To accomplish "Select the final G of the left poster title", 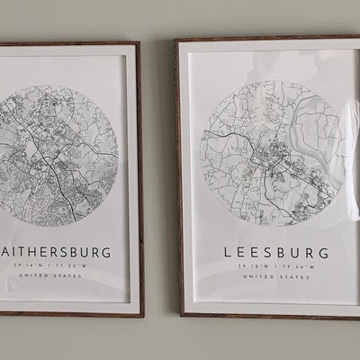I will tap(107, 253).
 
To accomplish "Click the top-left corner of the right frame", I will tap(177, 40).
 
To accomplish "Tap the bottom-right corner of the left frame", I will tap(142, 315).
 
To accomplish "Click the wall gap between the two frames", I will tap(158, 180).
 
